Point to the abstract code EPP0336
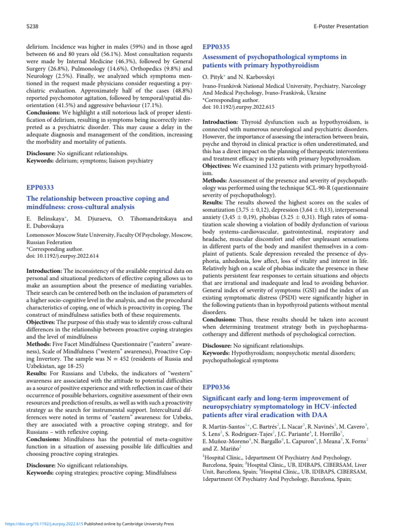[x=216, y=387]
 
